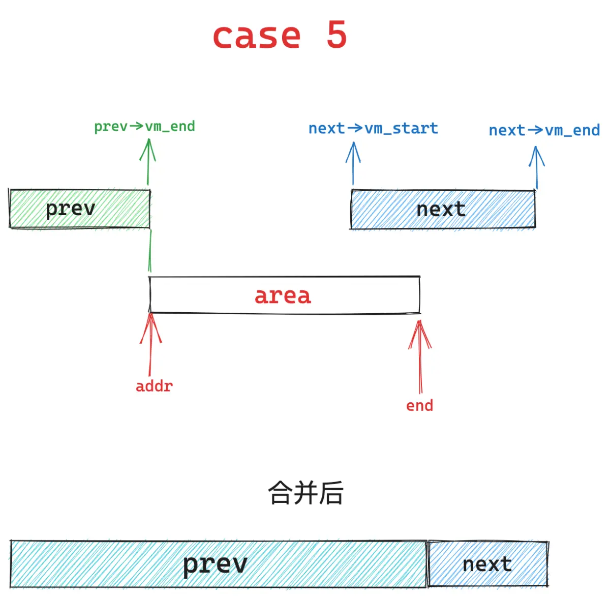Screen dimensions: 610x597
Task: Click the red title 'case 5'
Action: coord(280,35)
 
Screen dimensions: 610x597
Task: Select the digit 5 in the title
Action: coord(337,34)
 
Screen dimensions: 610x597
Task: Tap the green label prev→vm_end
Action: coord(144,126)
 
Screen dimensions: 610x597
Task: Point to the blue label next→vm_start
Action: coord(373,128)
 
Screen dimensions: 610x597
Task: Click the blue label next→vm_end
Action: coord(544,130)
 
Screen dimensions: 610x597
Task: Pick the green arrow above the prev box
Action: coord(148,162)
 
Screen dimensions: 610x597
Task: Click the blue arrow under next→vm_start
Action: coord(353,163)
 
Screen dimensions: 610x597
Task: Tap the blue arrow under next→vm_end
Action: coord(537,168)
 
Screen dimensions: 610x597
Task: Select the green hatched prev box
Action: coord(80,208)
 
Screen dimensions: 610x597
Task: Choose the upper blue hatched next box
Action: coord(443,209)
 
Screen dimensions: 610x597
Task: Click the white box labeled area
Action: coord(284,295)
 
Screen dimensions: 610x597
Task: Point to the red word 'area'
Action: coord(283,295)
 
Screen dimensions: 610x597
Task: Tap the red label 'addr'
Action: coord(154,386)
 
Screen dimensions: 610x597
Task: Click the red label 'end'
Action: coord(420,406)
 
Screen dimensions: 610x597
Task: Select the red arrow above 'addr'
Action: coord(150,344)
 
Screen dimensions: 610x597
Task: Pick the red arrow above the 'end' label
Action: coord(420,356)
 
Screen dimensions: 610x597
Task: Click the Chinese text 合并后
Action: coord(306,493)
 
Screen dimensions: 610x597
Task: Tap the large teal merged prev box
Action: coord(219,563)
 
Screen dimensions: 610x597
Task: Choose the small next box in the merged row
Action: coord(488,564)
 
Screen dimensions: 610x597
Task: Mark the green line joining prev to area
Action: coord(150,251)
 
